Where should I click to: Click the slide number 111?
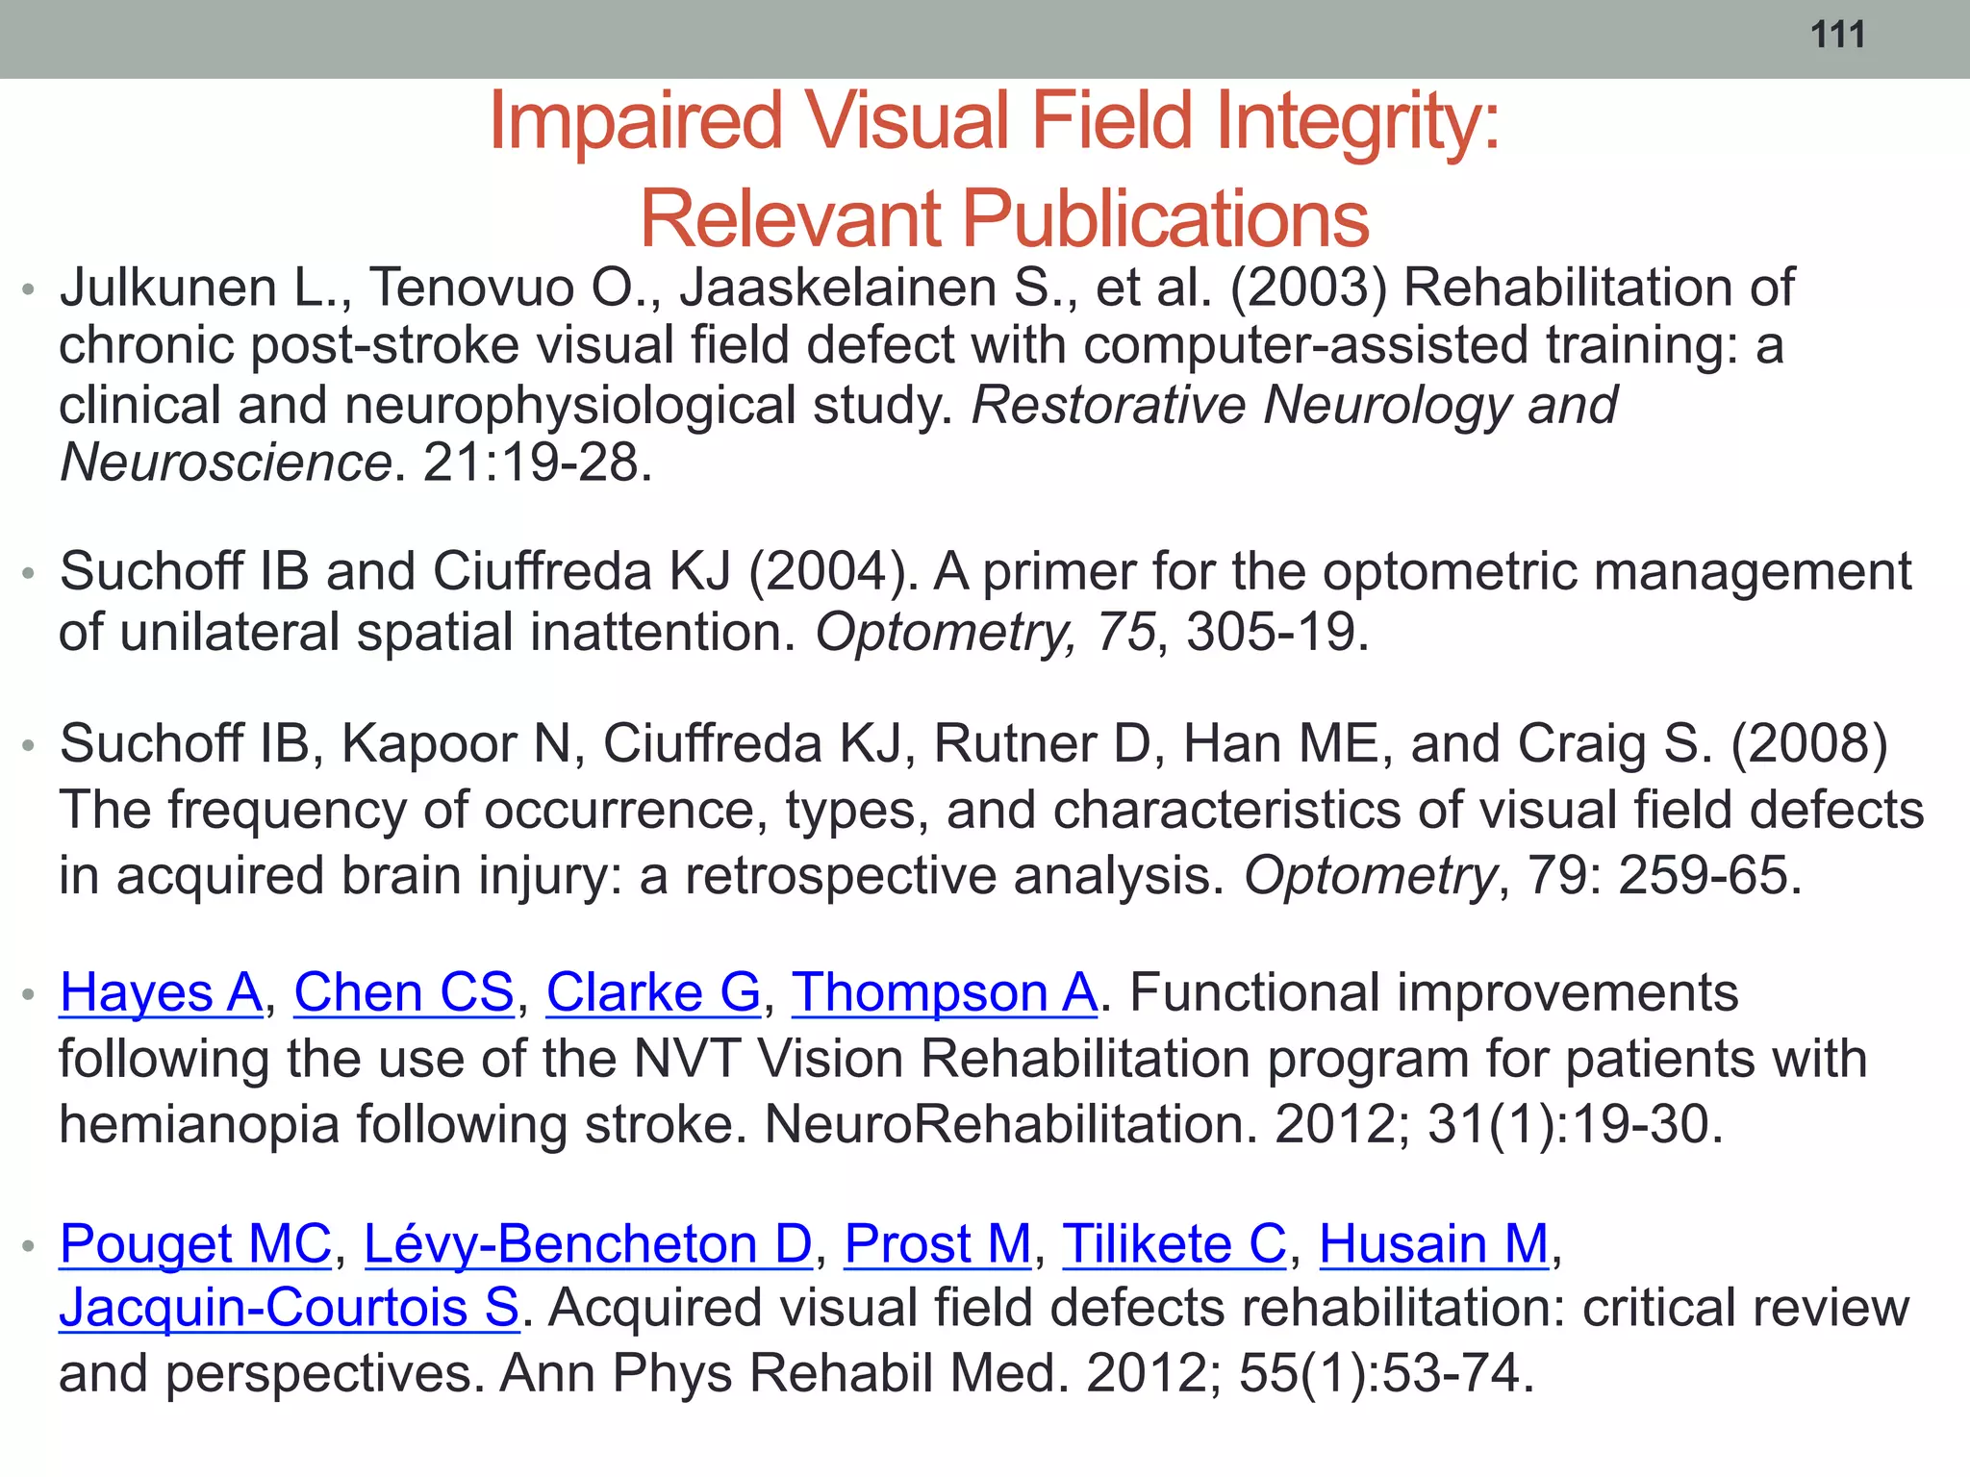point(1837,36)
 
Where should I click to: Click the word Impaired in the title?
point(635,121)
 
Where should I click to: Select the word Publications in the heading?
point(1165,219)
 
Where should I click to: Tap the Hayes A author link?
point(161,992)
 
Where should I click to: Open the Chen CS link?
point(404,992)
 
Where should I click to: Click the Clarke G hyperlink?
point(653,992)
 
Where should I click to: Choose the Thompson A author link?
point(944,992)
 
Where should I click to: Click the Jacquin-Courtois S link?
point(289,1308)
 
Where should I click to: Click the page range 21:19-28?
point(537,463)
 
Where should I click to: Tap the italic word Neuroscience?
point(225,463)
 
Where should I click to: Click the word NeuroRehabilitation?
point(1009,1124)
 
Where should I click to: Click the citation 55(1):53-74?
point(1385,1373)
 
